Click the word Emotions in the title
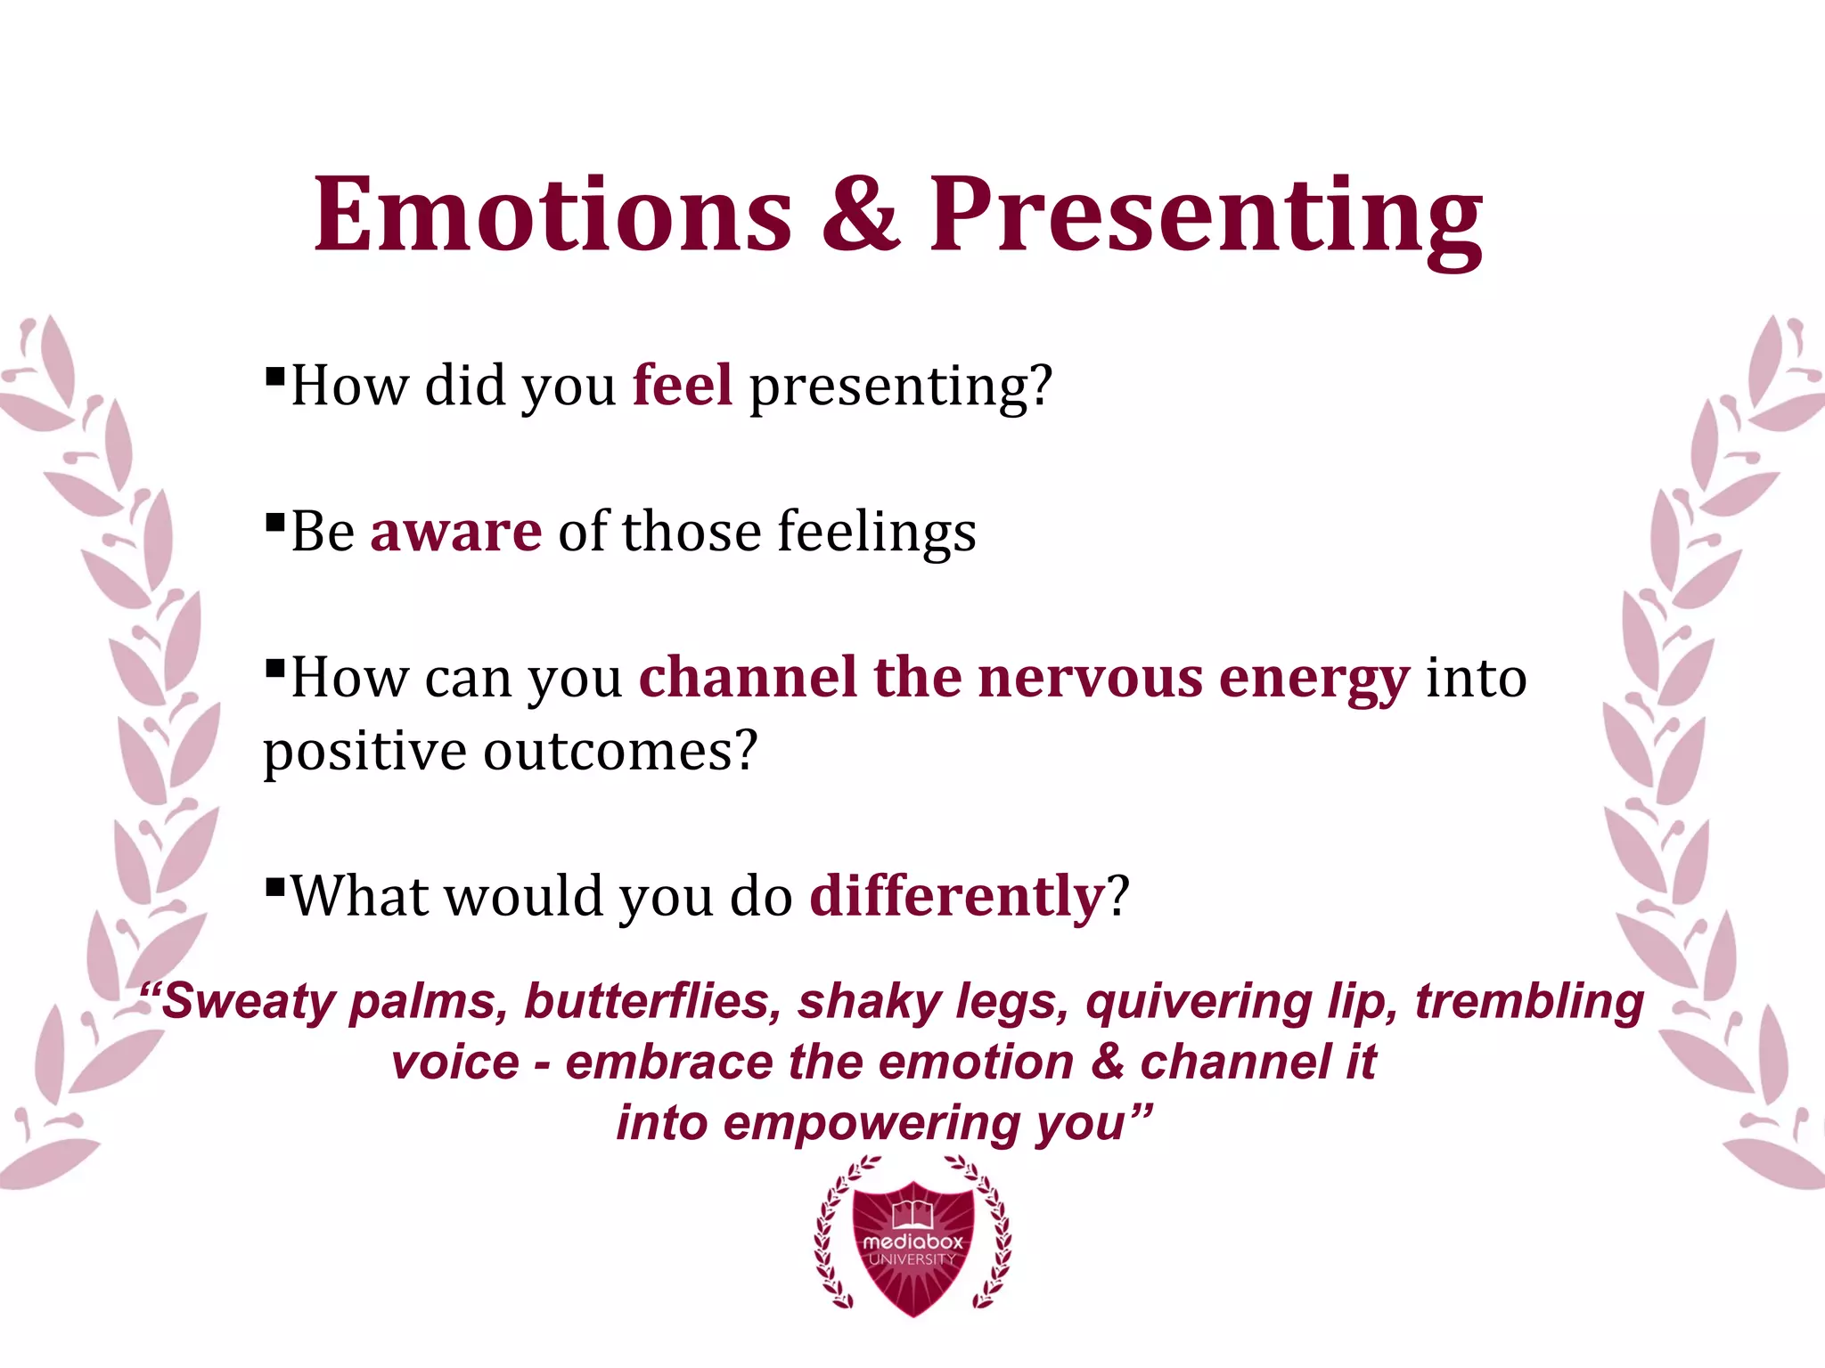552,216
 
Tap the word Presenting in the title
1205,216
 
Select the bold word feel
683,386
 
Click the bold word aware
455,532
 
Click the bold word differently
956,896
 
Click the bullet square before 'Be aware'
274,520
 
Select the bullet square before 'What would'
274,885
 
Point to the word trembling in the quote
1529,1001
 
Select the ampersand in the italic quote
1107,1062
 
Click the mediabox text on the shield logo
912,1241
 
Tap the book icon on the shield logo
912,1212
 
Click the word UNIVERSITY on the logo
912,1259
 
